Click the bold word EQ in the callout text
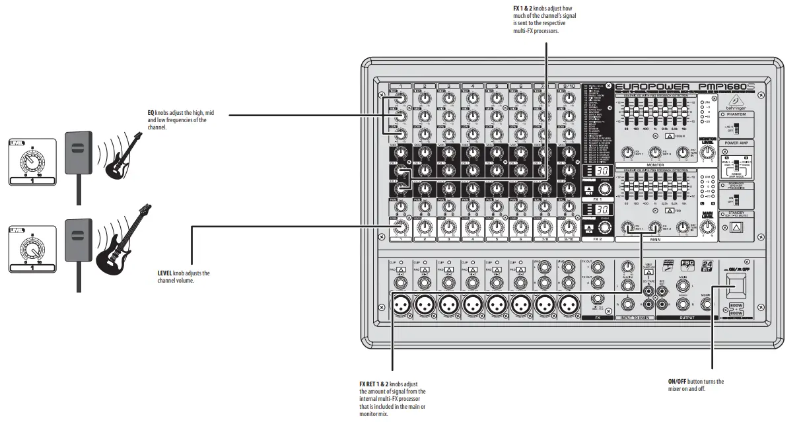click(151, 113)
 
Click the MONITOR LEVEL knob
click(708, 153)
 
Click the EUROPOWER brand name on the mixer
click(652, 87)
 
